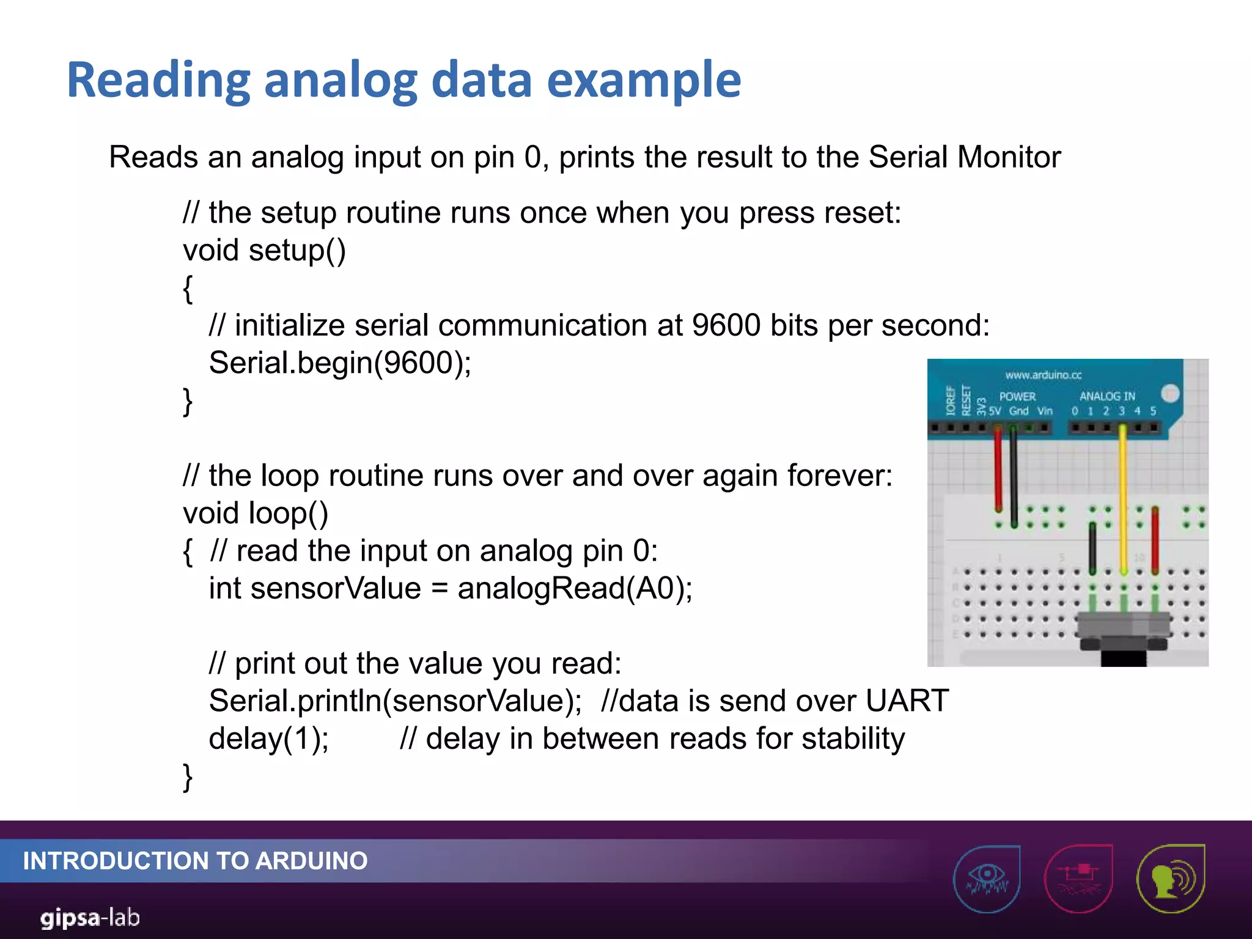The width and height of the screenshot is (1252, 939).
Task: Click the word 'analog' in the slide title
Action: point(340,81)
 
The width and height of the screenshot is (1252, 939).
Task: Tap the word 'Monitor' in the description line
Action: point(1009,157)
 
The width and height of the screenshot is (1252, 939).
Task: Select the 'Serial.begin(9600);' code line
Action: point(340,363)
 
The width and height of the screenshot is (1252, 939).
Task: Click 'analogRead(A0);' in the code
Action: point(575,588)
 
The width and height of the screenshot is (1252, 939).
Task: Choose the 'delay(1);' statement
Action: point(269,738)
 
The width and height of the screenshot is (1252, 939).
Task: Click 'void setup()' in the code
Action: point(264,251)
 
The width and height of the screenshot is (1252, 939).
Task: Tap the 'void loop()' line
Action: point(256,513)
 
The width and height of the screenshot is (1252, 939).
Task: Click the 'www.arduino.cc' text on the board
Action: point(1043,375)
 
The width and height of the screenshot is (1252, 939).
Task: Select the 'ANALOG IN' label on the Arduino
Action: point(1107,396)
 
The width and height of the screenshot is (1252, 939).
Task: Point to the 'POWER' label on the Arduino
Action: point(1017,396)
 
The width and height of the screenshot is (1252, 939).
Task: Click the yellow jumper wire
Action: point(1123,495)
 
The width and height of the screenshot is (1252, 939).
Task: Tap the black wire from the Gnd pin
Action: point(1014,477)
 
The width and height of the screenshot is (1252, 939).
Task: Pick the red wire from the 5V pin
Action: point(998,471)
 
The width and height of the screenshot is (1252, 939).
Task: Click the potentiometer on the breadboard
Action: point(1124,633)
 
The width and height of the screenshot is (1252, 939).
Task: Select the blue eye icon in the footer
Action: point(987,878)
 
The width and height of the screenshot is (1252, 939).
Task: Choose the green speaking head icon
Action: point(1170,878)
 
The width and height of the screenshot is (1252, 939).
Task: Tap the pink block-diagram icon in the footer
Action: point(1078,878)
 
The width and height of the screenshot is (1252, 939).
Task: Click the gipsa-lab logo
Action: point(90,918)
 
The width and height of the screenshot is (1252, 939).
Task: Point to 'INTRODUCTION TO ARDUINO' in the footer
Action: point(195,861)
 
